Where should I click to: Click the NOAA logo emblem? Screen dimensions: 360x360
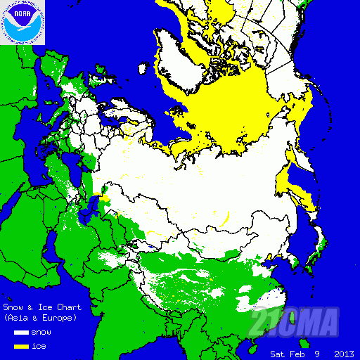click(x=22, y=22)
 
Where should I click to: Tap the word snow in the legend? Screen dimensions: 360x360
click(x=41, y=332)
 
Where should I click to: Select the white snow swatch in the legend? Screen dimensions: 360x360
click(x=20, y=332)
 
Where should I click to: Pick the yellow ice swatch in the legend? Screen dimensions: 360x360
click(x=20, y=347)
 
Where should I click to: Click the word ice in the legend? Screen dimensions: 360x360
click(x=39, y=347)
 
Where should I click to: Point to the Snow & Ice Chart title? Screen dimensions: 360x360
click(x=42, y=307)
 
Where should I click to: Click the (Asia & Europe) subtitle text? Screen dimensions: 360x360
click(x=41, y=318)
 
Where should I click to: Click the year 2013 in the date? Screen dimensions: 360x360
click(x=344, y=353)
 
